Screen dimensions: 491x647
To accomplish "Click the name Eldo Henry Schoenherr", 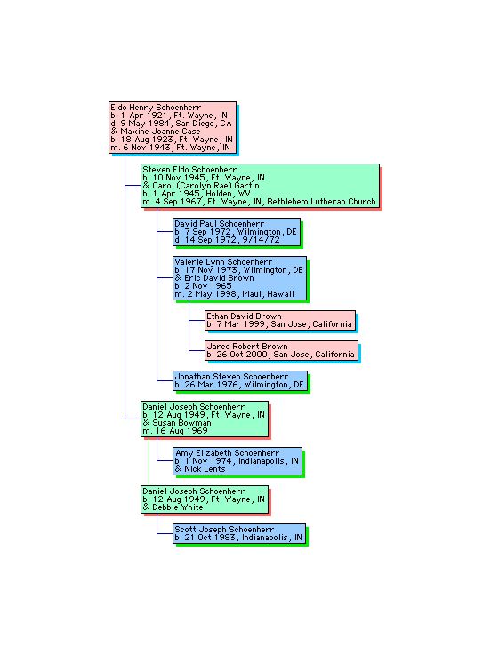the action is click(x=156, y=108).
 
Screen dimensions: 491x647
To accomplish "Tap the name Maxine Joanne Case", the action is click(x=160, y=132).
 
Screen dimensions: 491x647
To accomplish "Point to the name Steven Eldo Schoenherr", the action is click(x=189, y=170).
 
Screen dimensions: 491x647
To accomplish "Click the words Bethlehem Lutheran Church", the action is click(x=321, y=202).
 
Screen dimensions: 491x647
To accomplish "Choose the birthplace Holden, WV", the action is click(x=228, y=194).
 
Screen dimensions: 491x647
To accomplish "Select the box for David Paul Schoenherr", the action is click(x=237, y=232).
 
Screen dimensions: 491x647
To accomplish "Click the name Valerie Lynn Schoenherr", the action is click(x=223, y=262).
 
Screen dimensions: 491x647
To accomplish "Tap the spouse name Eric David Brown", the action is click(x=219, y=278).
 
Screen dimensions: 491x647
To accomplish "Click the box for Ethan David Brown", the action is click(x=280, y=320).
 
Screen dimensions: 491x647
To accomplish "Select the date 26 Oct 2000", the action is click(x=242, y=355).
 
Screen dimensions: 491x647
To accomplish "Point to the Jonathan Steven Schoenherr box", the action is click(x=240, y=381).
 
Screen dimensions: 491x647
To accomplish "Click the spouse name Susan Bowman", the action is click(x=181, y=423).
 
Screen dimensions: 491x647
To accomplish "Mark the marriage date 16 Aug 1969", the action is click(x=181, y=431).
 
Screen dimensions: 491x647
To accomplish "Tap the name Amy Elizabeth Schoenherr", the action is click(x=227, y=453).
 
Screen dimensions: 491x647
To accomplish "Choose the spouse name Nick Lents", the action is click(x=205, y=469).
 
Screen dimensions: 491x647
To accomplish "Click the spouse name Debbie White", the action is click(x=178, y=507).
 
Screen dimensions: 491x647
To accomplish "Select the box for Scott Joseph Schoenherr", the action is click(x=239, y=534).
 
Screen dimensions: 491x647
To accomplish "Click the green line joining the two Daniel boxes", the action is click(x=149, y=461).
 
